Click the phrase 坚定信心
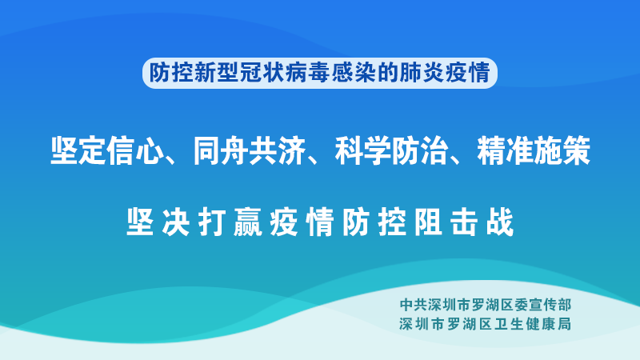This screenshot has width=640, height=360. (x=106, y=151)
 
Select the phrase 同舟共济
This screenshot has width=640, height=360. (x=249, y=151)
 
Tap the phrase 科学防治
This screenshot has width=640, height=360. (x=391, y=151)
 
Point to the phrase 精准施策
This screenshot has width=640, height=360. (x=534, y=151)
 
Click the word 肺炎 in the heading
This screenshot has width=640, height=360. (x=422, y=73)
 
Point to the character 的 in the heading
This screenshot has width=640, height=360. (x=388, y=73)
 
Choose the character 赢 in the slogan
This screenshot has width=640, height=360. (x=248, y=222)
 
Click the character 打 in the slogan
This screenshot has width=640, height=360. (x=212, y=222)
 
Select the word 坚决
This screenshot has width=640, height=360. (x=158, y=222)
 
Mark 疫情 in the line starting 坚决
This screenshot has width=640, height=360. (x=302, y=222)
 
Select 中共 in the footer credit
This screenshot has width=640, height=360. (x=414, y=305)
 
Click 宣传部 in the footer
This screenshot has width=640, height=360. (x=550, y=305)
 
